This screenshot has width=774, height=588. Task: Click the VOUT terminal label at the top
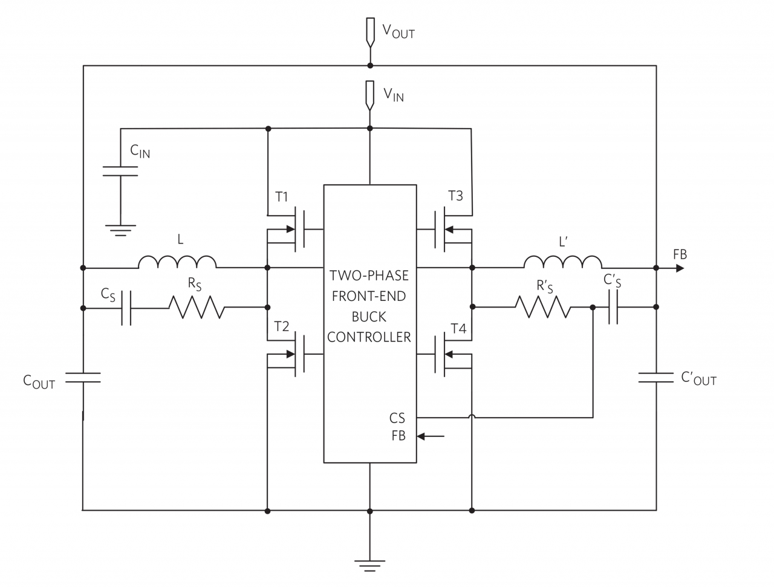398,31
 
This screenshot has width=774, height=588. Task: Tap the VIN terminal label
393,94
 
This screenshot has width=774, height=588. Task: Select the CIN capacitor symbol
120,170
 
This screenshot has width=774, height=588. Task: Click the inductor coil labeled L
177,262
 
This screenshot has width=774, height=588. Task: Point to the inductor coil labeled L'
562,262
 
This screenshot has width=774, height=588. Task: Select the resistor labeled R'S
542,307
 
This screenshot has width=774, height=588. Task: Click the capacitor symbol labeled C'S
613,307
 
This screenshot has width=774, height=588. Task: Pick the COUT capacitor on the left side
83,378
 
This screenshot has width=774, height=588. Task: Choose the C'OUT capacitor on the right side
656,378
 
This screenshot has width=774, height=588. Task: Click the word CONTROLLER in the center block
369,337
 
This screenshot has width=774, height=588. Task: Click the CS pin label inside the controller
397,418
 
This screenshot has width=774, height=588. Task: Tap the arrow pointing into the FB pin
431,436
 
